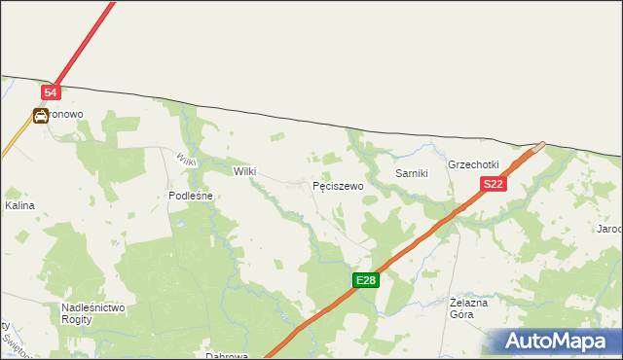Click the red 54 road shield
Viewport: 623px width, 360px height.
click(52, 92)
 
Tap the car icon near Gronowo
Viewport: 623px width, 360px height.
click(41, 116)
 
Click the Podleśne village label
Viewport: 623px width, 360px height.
click(191, 196)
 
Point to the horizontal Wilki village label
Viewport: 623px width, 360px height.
click(244, 171)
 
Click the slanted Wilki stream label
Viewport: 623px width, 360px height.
click(186, 159)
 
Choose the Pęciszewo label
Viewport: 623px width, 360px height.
click(338, 185)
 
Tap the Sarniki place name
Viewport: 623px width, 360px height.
click(412, 172)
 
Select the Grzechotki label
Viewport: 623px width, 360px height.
click(473, 164)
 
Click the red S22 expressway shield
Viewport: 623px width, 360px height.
click(493, 184)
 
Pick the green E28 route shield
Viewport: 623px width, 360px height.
click(365, 280)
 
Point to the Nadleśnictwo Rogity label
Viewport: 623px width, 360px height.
click(93, 312)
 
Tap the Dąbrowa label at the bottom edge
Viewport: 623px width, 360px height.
click(227, 355)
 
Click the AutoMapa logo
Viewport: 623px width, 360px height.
click(558, 342)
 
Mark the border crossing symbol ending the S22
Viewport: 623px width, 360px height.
click(539, 147)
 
